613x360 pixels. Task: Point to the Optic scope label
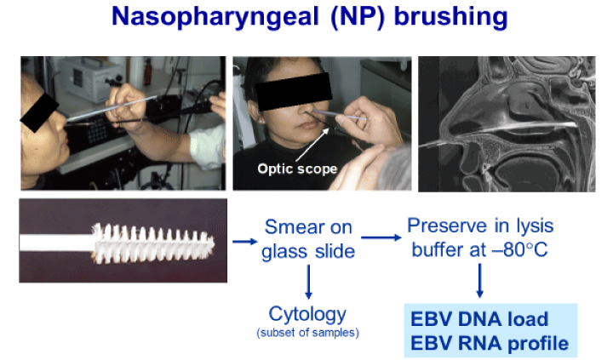point(297,169)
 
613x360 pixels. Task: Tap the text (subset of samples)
point(307,332)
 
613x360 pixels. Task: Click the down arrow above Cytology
point(307,280)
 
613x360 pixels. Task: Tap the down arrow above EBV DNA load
point(479,280)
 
